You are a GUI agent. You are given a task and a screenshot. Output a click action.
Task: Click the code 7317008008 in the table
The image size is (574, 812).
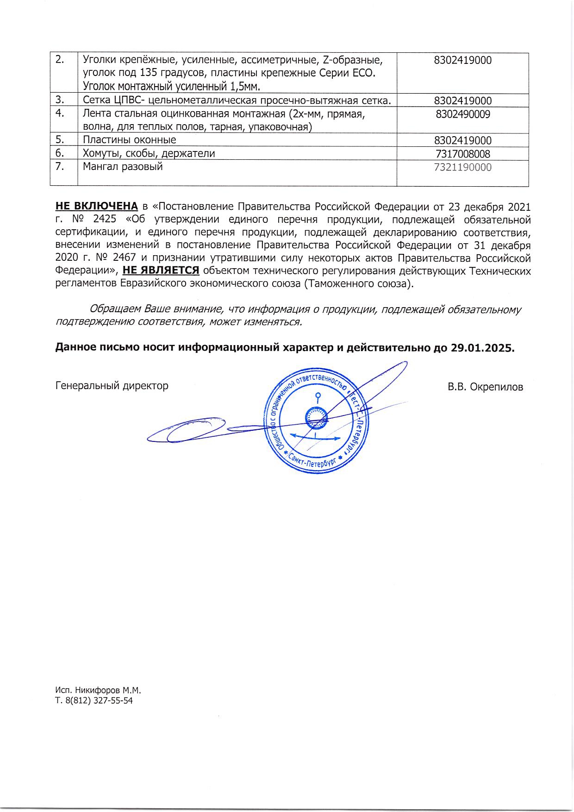[462, 154]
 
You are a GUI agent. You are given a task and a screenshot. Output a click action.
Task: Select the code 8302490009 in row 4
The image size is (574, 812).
[462, 114]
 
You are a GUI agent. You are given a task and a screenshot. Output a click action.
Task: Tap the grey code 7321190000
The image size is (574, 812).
[462, 167]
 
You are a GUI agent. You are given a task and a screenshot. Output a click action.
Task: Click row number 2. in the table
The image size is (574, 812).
[60, 60]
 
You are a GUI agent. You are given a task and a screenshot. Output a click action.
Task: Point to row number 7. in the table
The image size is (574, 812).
[60, 167]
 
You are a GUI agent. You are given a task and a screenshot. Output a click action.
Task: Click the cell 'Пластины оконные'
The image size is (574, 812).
[129, 140]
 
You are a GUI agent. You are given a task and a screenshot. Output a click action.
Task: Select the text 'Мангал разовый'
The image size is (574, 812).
[123, 167]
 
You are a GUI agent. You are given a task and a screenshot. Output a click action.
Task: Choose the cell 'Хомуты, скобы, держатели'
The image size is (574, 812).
[149, 154]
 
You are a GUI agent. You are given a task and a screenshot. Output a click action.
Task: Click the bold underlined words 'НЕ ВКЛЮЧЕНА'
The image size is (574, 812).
[96, 206]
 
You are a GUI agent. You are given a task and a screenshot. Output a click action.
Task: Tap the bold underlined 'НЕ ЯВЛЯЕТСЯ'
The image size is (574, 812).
[161, 270]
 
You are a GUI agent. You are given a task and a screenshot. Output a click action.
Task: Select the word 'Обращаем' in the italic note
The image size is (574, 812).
[116, 309]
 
